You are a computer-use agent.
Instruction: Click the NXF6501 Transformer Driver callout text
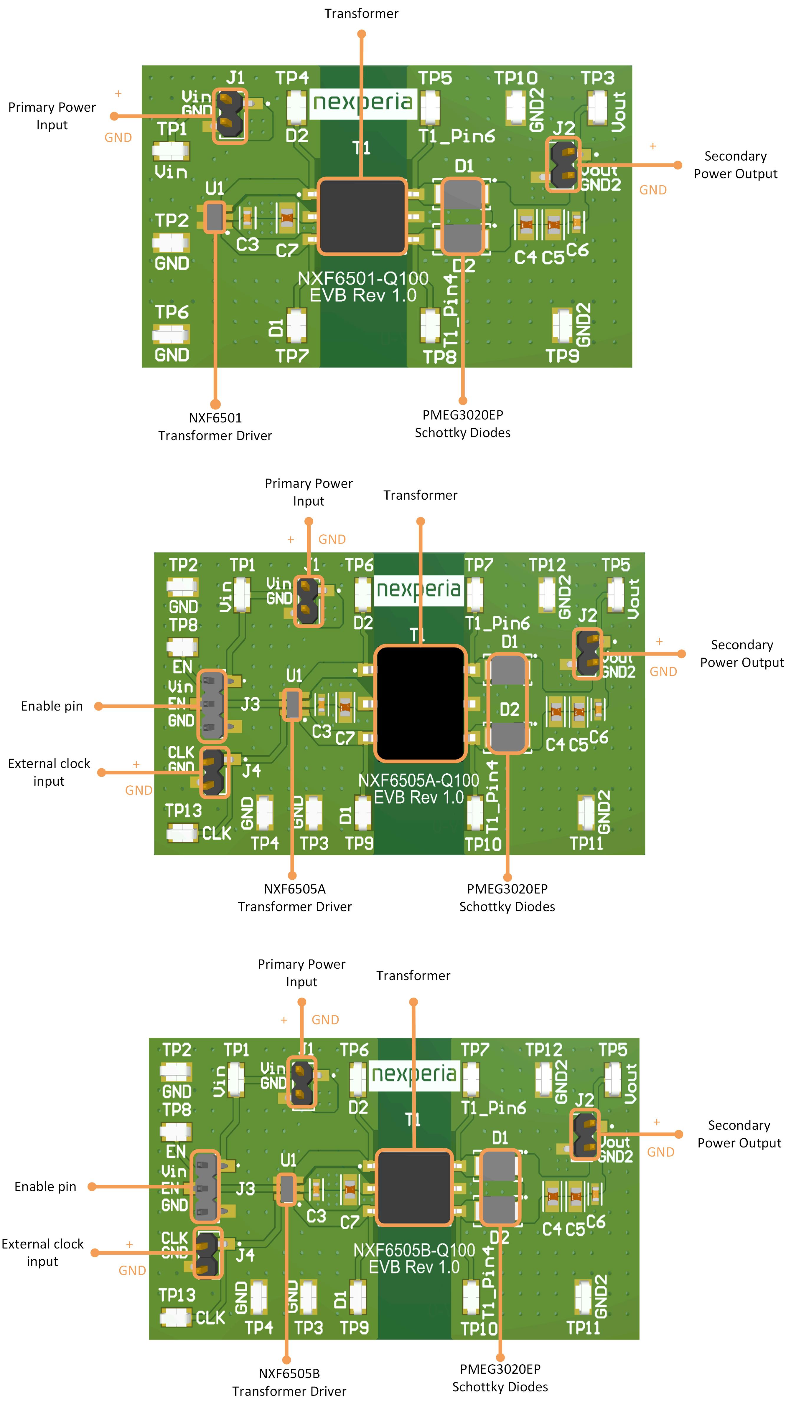215,427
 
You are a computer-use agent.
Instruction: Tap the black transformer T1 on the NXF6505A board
420,703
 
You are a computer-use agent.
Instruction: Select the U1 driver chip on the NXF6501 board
215,217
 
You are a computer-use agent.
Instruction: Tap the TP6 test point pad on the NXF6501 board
171,333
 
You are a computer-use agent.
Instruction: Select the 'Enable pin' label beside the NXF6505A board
52,706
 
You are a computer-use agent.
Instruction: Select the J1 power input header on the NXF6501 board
229,116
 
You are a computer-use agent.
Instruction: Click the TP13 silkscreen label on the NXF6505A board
183,810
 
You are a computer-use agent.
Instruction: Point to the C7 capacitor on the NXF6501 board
286,219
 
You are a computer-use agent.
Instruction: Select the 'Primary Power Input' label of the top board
52,116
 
